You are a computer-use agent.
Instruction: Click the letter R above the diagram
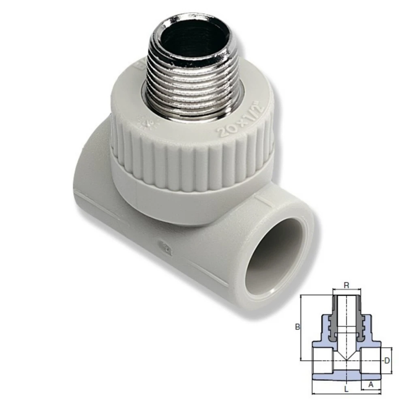[346, 285]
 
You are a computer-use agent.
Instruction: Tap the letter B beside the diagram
[297, 327]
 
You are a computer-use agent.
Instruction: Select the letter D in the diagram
[387, 360]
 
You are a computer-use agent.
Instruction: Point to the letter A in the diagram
[370, 385]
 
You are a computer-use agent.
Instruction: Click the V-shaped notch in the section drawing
[347, 356]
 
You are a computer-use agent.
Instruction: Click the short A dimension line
[371, 390]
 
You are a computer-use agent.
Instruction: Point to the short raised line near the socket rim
[263, 200]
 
